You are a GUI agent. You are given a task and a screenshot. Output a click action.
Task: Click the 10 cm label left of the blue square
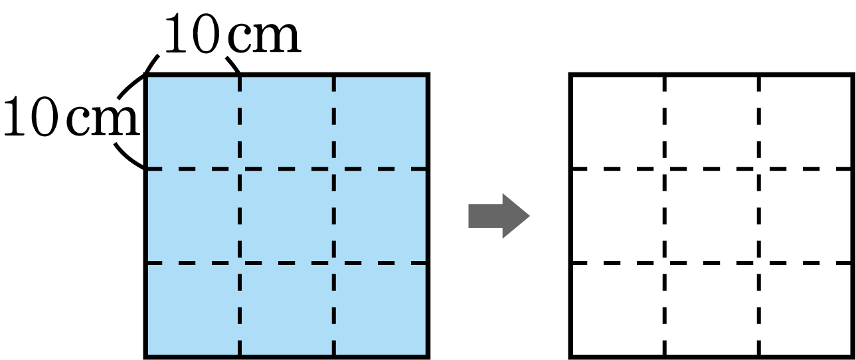point(71,116)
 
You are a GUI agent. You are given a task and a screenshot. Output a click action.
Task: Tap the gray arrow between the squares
point(499,216)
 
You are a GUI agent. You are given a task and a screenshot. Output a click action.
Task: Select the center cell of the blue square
point(287,216)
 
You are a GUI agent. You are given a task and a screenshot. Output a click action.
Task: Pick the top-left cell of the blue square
point(192,122)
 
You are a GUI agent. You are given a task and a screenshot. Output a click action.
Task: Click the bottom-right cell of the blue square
point(381,310)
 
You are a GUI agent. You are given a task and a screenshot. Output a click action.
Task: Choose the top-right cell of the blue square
point(381,122)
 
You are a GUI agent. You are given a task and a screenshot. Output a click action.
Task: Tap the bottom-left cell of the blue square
point(192,310)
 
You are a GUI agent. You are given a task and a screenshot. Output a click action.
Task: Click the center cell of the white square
point(711,216)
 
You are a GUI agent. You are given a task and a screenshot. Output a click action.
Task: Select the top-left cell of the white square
point(618,122)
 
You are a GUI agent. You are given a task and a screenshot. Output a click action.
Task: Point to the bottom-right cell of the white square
point(806,310)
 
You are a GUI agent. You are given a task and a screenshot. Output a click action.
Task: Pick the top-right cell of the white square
point(806,122)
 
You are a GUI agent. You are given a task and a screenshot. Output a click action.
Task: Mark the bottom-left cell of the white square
point(618,310)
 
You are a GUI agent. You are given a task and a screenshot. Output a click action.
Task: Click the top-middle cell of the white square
point(711,122)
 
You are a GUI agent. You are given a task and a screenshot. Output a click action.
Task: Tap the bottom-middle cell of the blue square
point(287,310)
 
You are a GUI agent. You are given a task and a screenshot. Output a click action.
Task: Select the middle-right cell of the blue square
point(381,216)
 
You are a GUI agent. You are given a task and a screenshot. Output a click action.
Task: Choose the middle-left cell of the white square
point(618,216)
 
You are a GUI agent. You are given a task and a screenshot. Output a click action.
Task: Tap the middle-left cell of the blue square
point(192,216)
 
